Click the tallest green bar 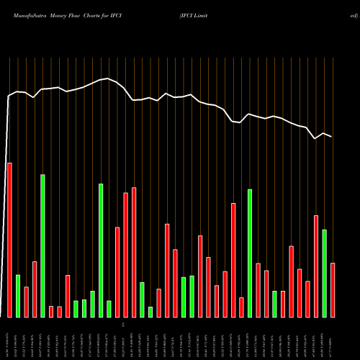point(42,246)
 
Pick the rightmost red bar point(333,289)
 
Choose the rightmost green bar point(325,273)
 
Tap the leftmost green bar point(18,295)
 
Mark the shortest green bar point(150,312)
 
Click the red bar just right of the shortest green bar point(158,302)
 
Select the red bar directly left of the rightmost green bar point(316,266)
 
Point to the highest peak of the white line point(108,78)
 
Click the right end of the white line point(332,137)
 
